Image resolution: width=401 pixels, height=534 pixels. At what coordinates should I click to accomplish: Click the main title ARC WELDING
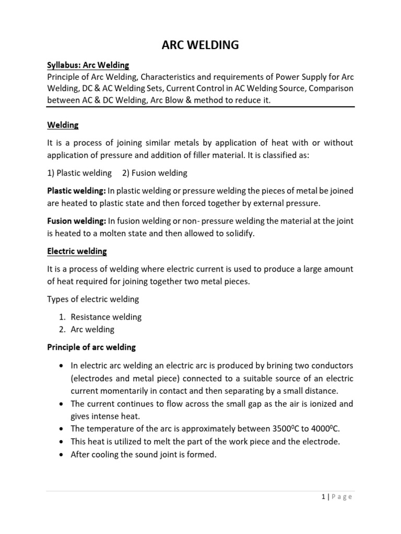[200, 45]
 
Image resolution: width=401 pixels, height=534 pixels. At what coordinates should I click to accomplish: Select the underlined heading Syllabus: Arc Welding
[88, 65]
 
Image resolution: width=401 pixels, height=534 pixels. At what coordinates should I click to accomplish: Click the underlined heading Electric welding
[77, 251]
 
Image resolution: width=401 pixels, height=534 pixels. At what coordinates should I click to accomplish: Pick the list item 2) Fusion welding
[155, 173]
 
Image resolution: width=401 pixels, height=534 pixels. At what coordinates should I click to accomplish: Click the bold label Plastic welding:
[76, 191]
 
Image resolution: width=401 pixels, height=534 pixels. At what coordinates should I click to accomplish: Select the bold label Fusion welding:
[76, 221]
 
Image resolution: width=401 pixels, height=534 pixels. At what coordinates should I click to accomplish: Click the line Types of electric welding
[93, 299]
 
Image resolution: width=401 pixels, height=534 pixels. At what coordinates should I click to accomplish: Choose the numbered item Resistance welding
[106, 317]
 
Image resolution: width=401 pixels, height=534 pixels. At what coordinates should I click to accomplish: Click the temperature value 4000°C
[325, 429]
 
